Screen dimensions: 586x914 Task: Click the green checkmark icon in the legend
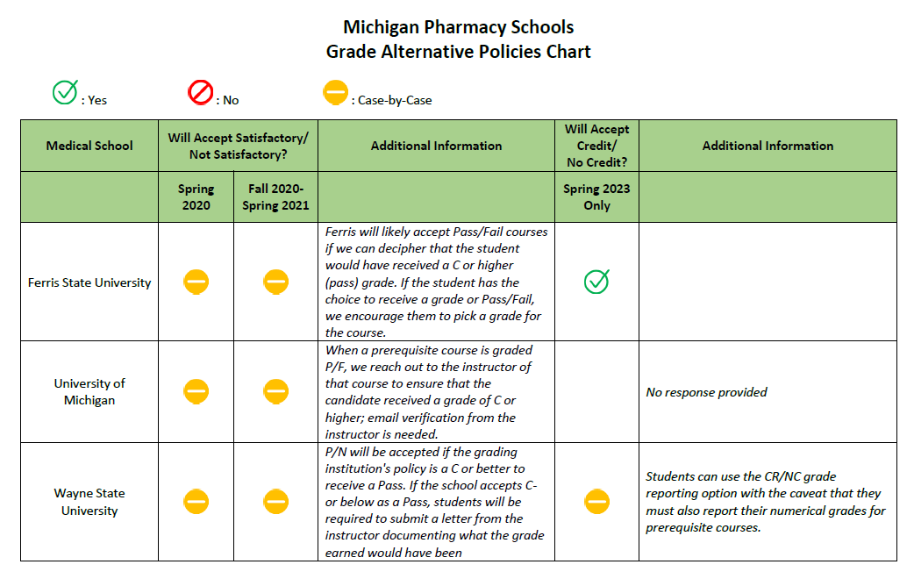(65, 92)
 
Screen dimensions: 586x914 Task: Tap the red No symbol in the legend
(201, 92)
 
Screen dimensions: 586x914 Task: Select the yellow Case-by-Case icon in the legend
(336, 92)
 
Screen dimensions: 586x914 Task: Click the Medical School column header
(89, 146)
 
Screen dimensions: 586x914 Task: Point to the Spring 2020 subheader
(196, 197)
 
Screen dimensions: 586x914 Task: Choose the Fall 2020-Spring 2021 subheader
(275, 197)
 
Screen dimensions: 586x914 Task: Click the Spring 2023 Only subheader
(596, 197)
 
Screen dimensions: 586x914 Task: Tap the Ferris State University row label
(89, 282)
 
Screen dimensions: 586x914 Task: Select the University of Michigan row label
(89, 391)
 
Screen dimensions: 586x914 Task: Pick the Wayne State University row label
(89, 502)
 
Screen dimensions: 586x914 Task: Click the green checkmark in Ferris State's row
(596, 282)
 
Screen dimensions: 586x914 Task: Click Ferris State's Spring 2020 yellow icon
(196, 282)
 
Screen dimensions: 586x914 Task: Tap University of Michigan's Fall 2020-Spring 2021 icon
(275, 391)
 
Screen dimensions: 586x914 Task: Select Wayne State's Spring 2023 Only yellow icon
(596, 502)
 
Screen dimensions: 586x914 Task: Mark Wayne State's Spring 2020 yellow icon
(196, 502)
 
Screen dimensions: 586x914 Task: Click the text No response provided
(706, 392)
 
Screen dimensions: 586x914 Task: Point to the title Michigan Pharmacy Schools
(458, 27)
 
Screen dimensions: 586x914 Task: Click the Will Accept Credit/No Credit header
(596, 146)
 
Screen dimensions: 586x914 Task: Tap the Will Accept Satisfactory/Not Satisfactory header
(238, 146)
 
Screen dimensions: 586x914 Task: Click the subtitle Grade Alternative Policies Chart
(458, 52)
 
